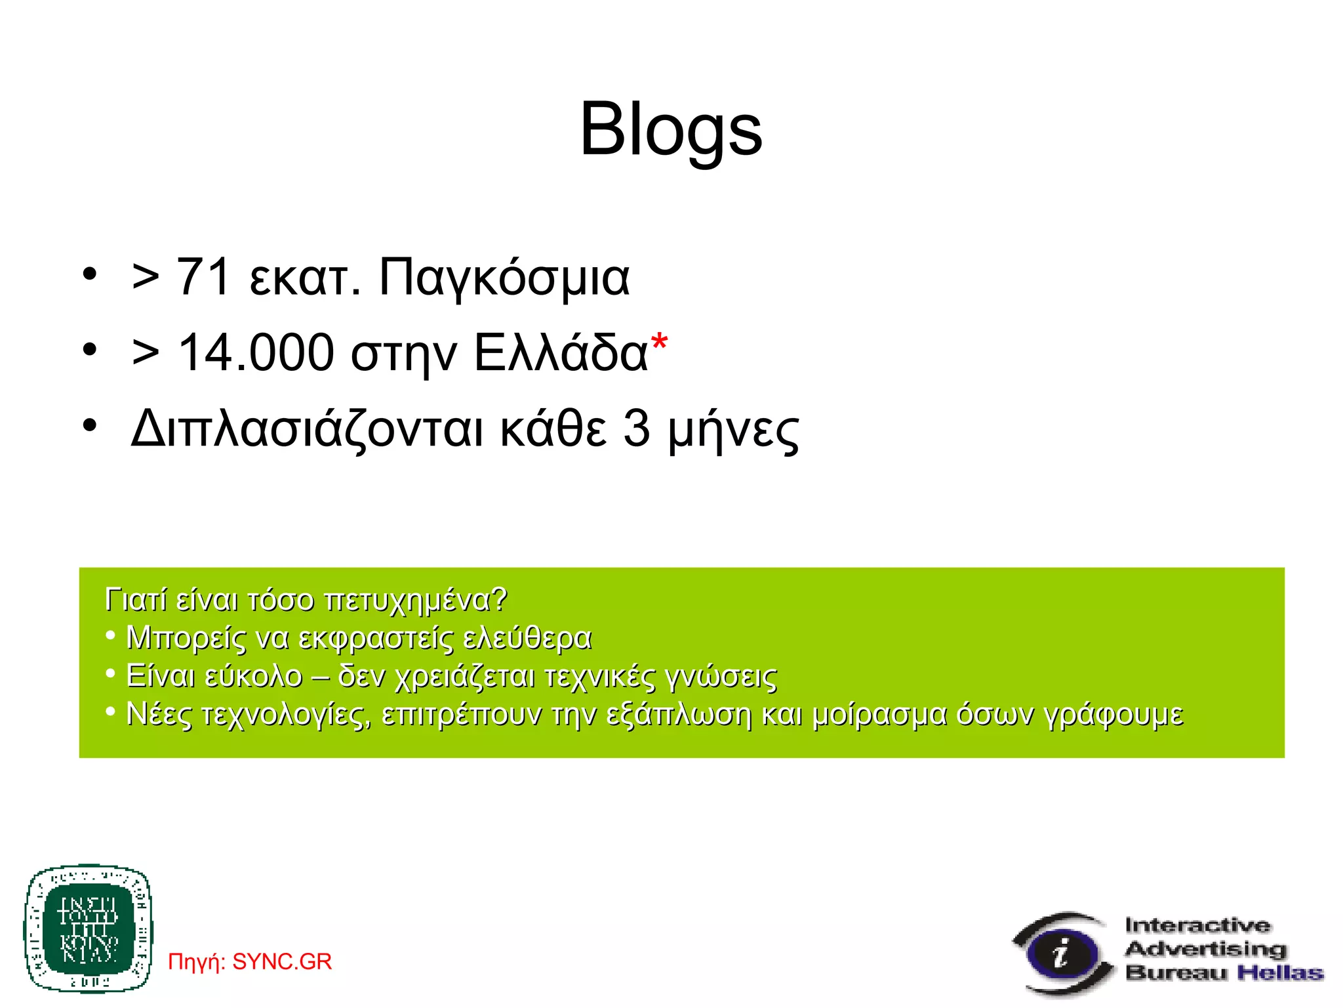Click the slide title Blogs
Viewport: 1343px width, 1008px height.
671,130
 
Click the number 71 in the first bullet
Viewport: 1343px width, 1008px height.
203,277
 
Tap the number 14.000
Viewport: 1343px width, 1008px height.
256,353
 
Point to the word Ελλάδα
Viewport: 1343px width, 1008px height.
561,353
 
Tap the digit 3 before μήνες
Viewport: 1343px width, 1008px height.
636,429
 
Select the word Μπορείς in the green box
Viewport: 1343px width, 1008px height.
186,638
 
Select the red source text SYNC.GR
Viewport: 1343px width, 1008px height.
282,961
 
